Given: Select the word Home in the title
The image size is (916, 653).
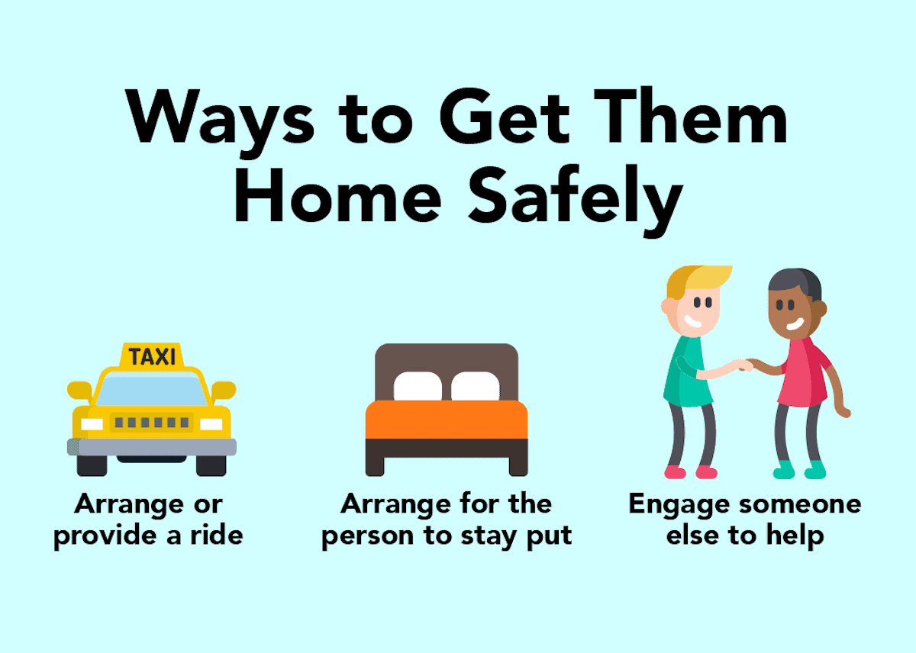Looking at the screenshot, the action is [337, 195].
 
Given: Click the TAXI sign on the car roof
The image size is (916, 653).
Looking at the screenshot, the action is [152, 355].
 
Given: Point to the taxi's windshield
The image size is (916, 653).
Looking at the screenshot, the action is [152, 391].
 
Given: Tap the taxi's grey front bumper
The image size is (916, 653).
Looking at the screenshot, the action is [152, 447].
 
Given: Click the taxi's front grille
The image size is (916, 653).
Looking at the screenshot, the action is [152, 422].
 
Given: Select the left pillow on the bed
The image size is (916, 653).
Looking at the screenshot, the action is [418, 386].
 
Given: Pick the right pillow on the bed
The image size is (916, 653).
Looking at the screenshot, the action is [475, 386].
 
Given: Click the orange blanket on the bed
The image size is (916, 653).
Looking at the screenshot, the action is [446, 420].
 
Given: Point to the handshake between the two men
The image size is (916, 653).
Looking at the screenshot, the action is [747, 365].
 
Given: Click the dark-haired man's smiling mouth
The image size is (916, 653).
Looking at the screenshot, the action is [795, 324].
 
